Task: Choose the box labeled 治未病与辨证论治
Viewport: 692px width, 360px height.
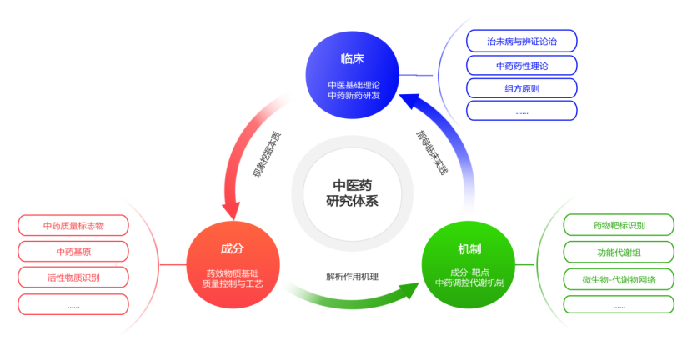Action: [x=521, y=41]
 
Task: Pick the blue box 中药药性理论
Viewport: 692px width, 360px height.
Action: [x=521, y=65]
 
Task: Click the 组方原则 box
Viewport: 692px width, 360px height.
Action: [x=521, y=88]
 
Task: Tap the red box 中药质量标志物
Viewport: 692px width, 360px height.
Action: [x=73, y=225]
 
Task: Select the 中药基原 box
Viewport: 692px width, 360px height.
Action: [x=73, y=251]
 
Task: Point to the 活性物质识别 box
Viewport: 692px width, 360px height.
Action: [x=73, y=277]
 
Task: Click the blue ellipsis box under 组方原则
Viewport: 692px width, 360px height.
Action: [x=521, y=111]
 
